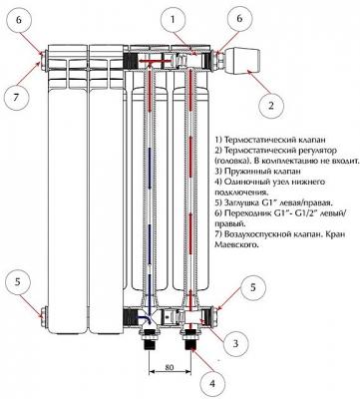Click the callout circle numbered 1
[x=173, y=20]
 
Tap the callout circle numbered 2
[x=271, y=106]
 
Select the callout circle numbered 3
[x=235, y=344]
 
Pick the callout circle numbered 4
[x=212, y=384]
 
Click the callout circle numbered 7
[x=17, y=98]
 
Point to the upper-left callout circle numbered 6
[x=19, y=20]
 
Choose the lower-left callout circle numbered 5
[x=18, y=282]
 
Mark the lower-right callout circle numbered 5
[x=253, y=287]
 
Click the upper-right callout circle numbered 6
[x=239, y=19]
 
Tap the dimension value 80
[x=170, y=367]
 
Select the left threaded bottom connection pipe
[x=150, y=339]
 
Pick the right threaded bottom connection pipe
[x=190, y=339]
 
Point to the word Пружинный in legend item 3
[x=246, y=172]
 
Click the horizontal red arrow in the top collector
[x=154, y=61]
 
